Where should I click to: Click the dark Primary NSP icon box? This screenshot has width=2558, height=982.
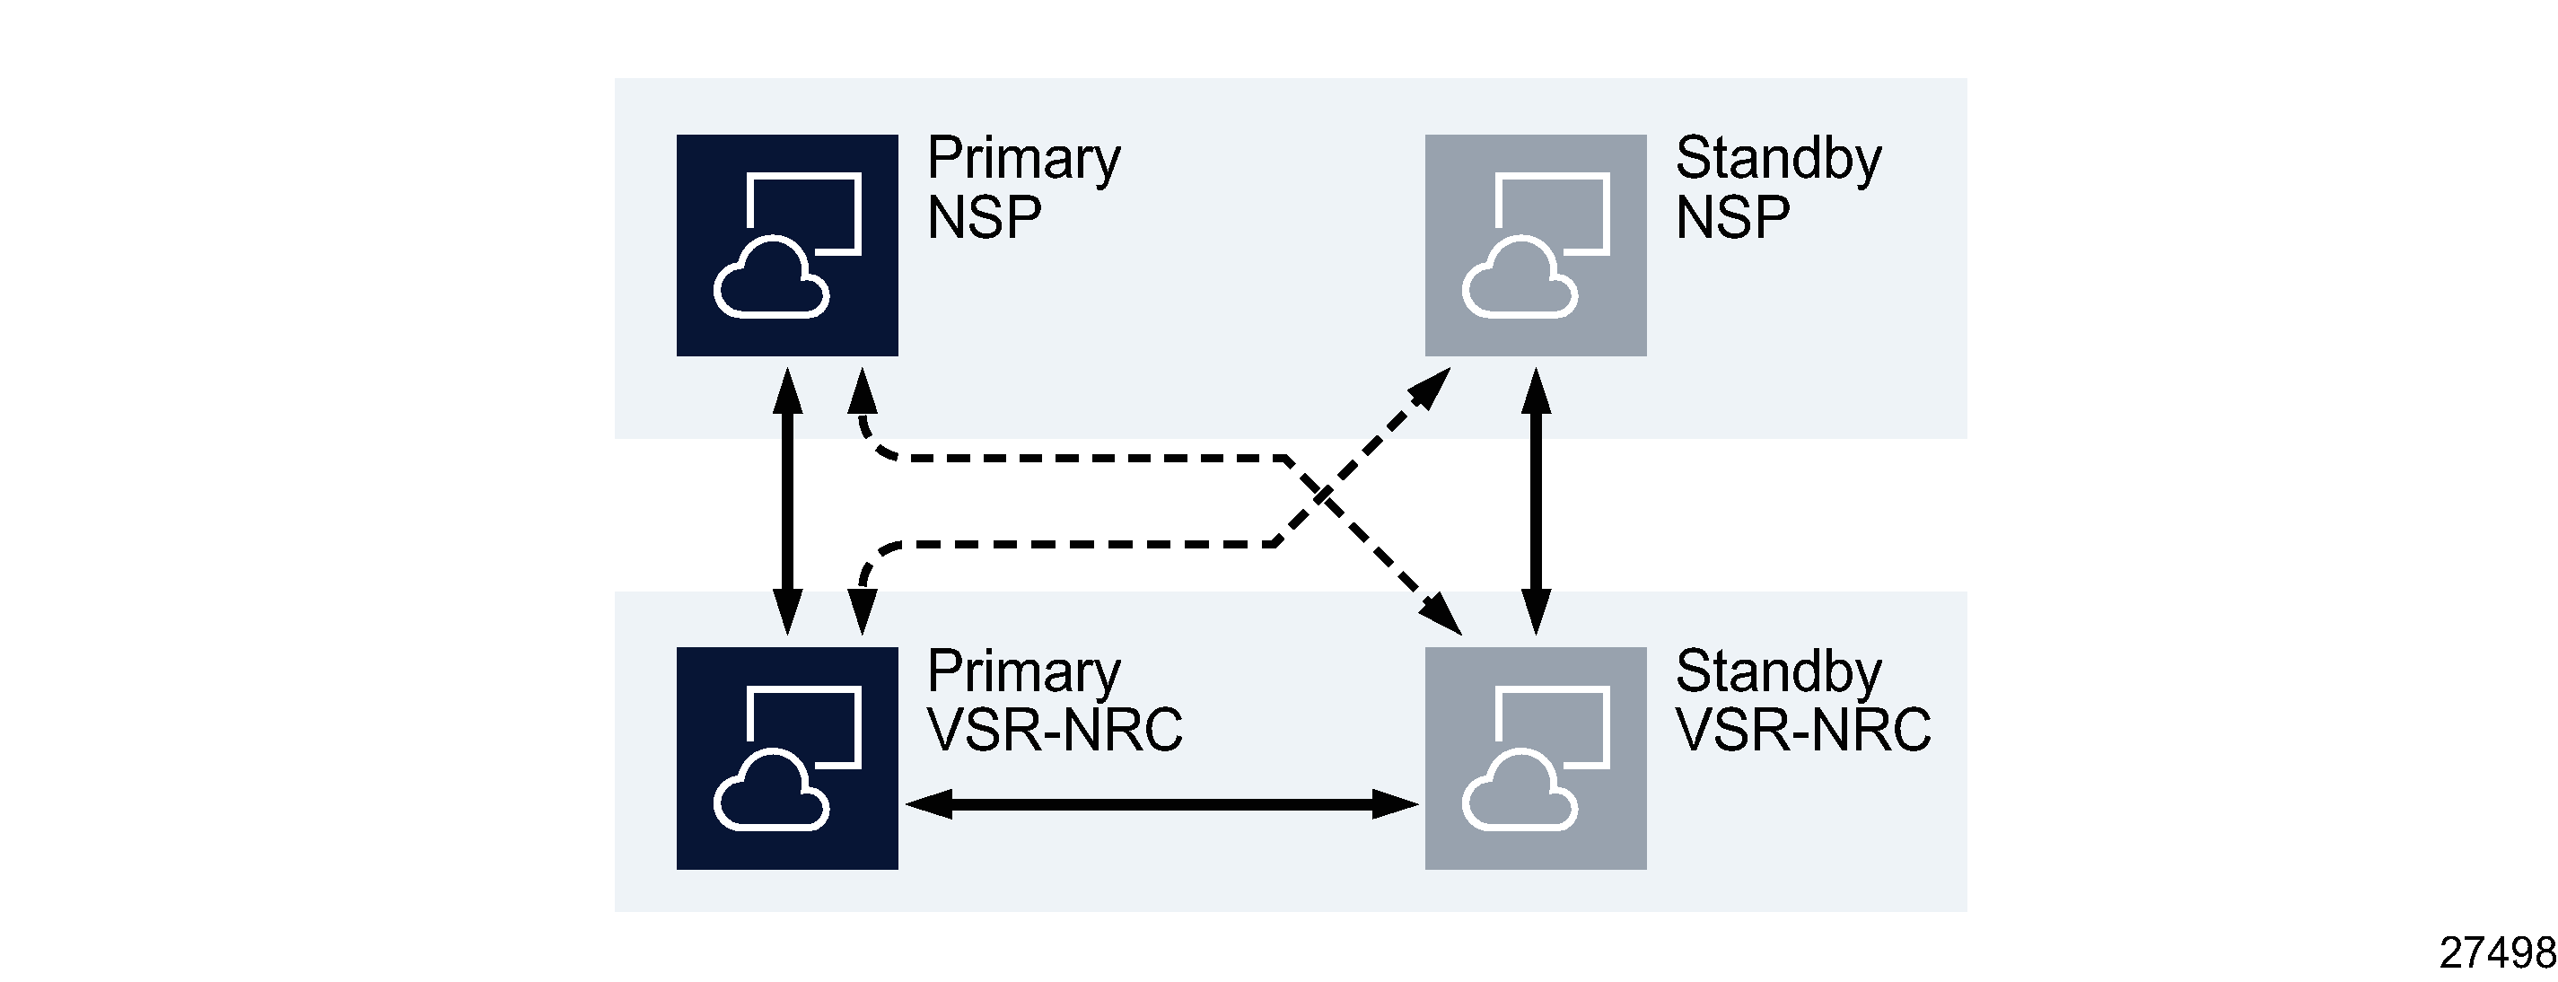pyautogui.click(x=786, y=244)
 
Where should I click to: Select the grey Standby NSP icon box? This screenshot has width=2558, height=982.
pyautogui.click(x=1534, y=244)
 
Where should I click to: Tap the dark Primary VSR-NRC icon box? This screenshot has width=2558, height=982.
pyautogui.click(x=786, y=758)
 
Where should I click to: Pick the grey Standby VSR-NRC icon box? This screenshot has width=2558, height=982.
pyautogui.click(x=1534, y=758)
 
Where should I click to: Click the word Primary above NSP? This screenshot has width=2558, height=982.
pyautogui.click(x=1023, y=159)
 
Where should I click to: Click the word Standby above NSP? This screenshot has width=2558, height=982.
pyautogui.click(x=1777, y=159)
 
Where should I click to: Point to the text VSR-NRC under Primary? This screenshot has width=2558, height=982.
pyautogui.click(x=1054, y=730)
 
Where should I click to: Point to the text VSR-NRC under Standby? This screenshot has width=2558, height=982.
pyautogui.click(x=1802, y=730)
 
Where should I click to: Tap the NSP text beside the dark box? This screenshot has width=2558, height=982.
pyautogui.click(x=983, y=217)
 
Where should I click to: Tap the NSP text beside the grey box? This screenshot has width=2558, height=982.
pyautogui.click(x=1732, y=217)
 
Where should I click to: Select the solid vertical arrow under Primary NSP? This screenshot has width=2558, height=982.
pyautogui.click(x=787, y=501)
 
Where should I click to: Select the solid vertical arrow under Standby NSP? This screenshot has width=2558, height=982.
pyautogui.click(x=1535, y=501)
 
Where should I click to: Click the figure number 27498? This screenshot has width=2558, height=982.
pyautogui.click(x=2496, y=952)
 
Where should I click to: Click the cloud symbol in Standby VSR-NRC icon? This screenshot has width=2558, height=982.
pyautogui.click(x=1519, y=793)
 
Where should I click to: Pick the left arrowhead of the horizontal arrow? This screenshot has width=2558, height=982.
pyautogui.click(x=927, y=803)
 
